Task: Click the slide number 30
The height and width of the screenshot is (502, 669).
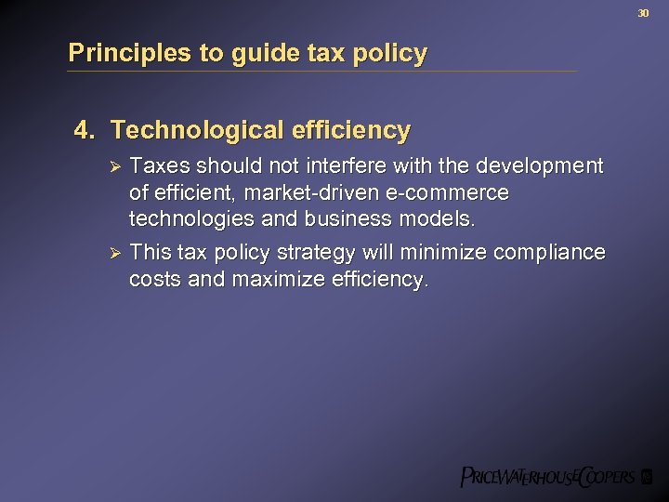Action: click(x=642, y=13)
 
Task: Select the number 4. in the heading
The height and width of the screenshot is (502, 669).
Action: click(x=85, y=131)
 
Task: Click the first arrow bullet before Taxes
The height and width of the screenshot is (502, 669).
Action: click(x=115, y=166)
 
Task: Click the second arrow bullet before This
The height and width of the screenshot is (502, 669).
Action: click(x=115, y=254)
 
